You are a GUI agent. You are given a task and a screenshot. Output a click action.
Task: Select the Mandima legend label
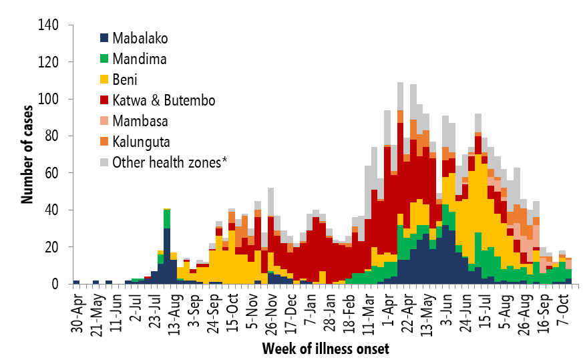click(140, 59)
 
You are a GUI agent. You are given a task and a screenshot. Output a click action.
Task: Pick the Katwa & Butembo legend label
click(164, 100)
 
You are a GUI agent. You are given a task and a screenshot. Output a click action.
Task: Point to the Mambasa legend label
click(140, 121)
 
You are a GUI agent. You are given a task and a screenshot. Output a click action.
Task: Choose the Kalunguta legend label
click(142, 141)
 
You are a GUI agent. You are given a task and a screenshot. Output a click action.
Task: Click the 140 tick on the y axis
click(49, 25)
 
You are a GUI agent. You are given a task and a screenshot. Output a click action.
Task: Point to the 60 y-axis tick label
click(53, 174)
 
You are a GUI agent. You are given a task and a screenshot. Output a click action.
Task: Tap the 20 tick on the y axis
click(53, 248)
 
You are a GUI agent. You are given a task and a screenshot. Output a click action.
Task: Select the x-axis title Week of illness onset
click(325, 348)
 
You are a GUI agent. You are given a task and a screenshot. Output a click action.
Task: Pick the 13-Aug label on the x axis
click(166, 309)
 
